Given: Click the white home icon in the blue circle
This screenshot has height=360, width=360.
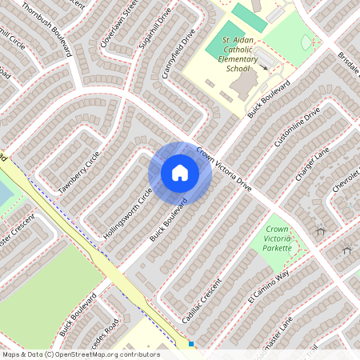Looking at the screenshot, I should tap(180, 172).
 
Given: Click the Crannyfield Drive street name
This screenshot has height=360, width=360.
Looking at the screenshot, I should tap(178, 54).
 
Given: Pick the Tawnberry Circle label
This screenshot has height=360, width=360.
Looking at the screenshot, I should tap(79, 170).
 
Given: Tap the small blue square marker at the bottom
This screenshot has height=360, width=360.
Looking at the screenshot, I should tap(192, 345).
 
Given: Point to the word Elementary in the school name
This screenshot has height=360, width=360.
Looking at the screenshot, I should tap(238, 59).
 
